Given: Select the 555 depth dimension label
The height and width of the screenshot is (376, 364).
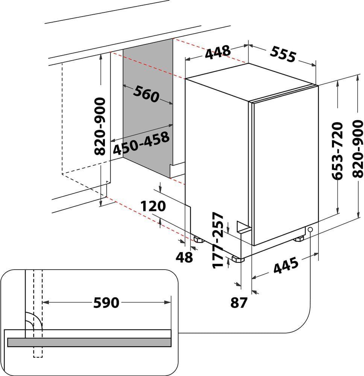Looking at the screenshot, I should click(283, 55).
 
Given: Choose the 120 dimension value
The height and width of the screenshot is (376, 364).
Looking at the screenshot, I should click(153, 206).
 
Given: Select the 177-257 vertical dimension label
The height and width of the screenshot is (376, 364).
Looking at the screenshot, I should click(218, 241).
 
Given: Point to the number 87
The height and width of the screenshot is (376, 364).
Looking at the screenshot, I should click(240, 303).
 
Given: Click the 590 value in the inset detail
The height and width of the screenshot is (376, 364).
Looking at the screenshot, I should click(106, 302).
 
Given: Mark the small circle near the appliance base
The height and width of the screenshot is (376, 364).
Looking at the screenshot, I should click(310, 230).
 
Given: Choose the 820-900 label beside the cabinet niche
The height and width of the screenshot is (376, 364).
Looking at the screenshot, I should click(100, 126).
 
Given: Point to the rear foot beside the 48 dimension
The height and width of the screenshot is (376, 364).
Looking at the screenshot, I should click(198, 240).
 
